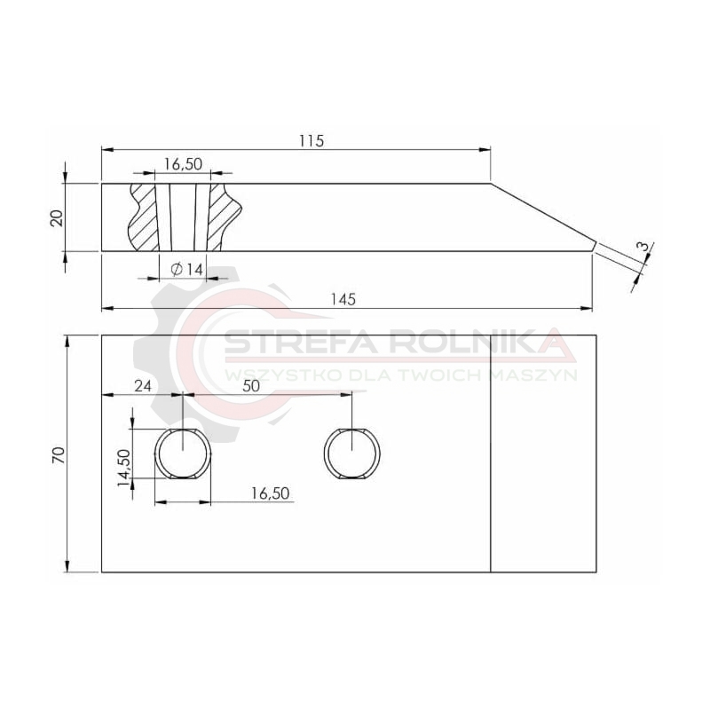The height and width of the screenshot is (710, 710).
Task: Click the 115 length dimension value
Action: click(312, 141)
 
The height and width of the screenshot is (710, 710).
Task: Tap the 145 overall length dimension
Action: click(343, 300)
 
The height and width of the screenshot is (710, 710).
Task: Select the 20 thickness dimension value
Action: click(57, 218)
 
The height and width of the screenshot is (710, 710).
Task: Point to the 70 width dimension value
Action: click(59, 454)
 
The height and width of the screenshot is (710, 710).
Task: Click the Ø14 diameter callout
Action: click(187, 270)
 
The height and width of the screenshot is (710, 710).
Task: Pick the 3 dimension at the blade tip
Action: click(642, 248)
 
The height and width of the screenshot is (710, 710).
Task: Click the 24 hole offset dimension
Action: click(143, 386)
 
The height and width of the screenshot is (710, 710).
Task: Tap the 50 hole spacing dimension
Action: click(251, 386)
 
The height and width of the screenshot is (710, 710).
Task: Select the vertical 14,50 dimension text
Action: click(123, 468)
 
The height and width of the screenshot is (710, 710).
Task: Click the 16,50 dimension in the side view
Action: click(183, 164)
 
